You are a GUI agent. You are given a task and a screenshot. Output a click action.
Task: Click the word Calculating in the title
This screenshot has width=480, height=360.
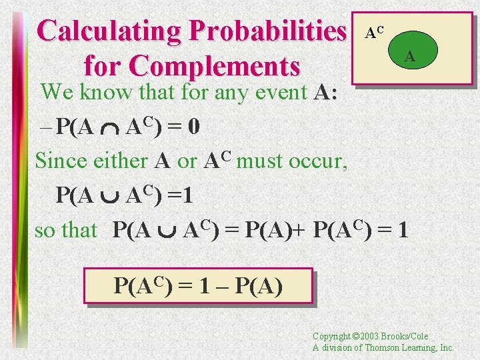[110, 31]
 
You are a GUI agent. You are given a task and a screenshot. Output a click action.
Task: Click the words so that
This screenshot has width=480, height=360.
[66, 230]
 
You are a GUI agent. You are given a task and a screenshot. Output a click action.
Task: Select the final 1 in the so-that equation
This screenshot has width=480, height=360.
[402, 230]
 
